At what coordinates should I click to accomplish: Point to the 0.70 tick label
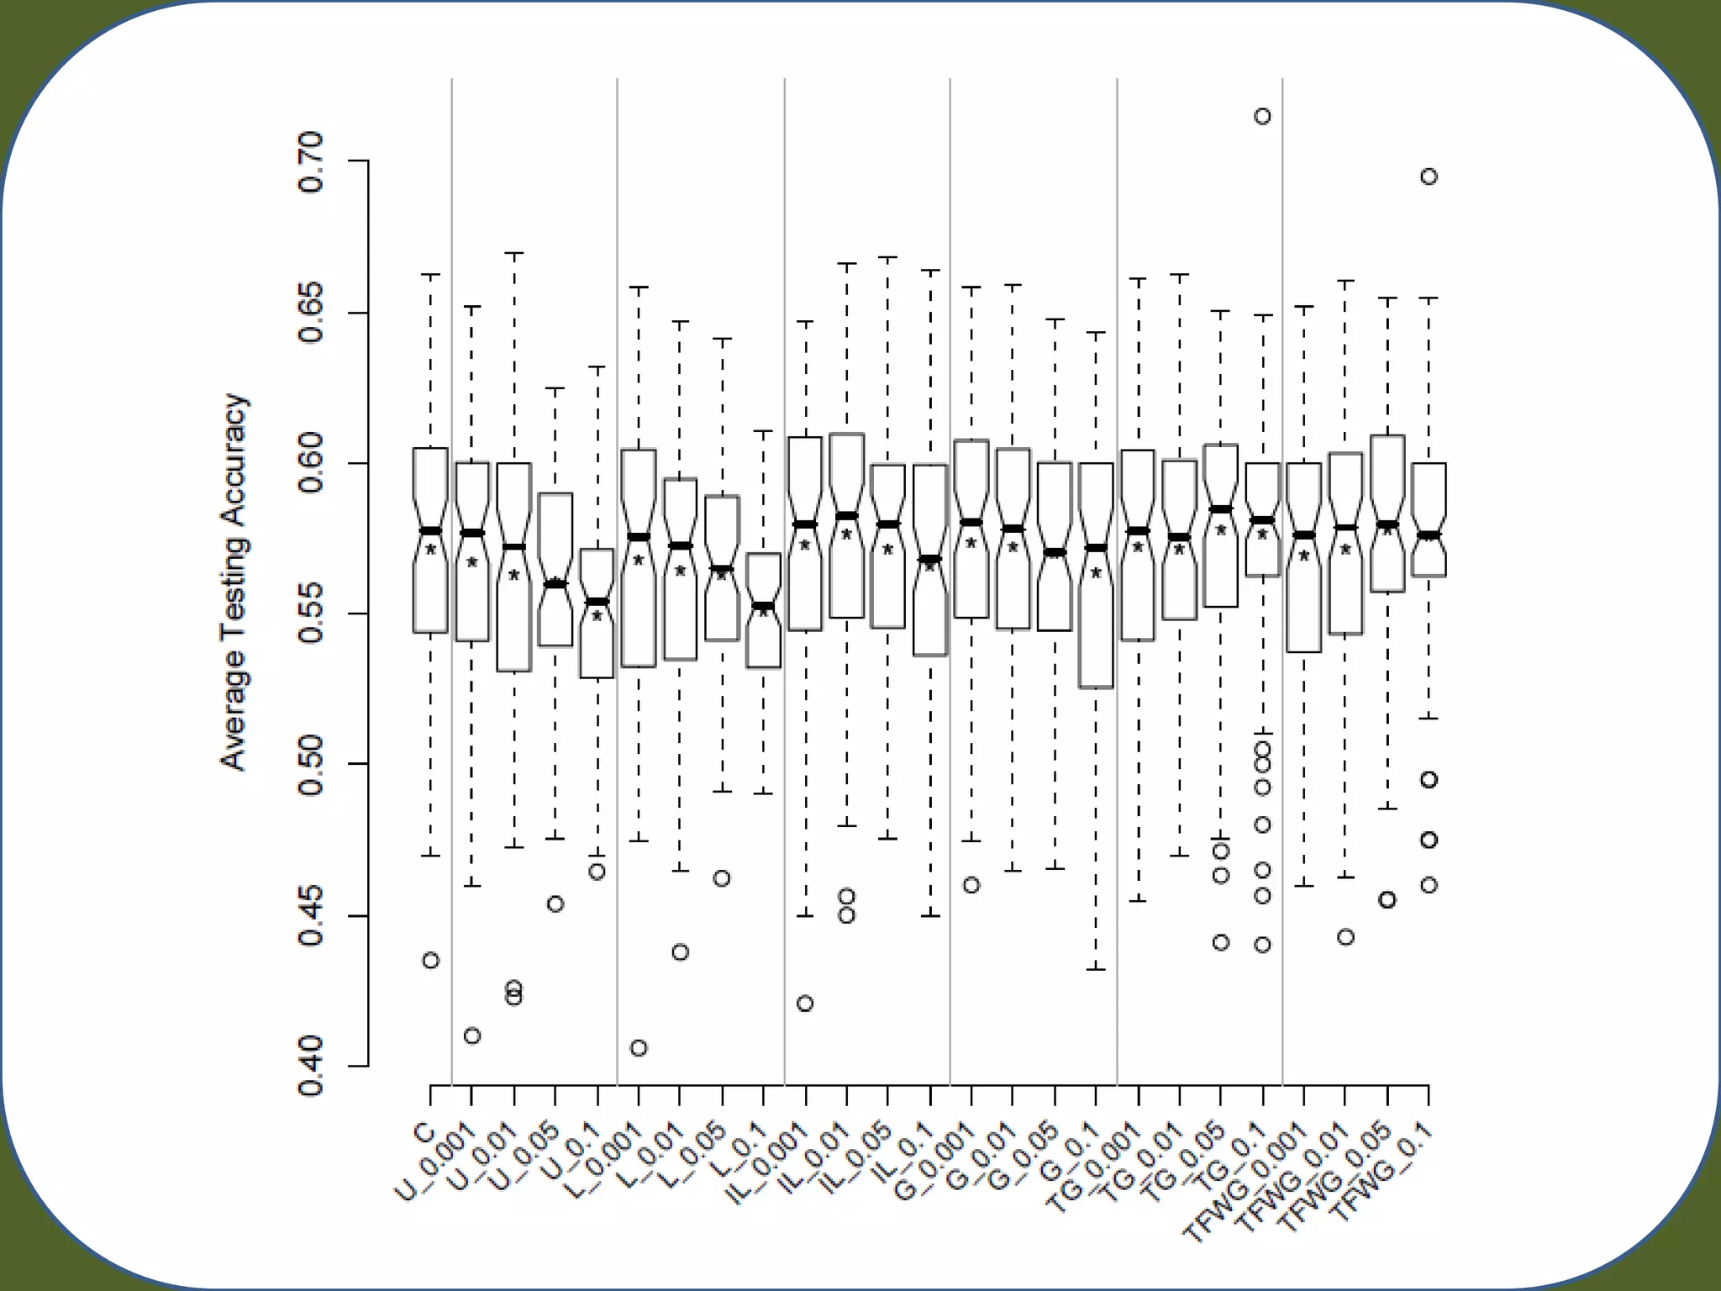pos(310,161)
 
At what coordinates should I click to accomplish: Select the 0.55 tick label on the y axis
pos(310,614)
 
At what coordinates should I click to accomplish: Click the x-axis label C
pos(424,1131)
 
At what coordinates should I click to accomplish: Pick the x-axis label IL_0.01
pos(815,1158)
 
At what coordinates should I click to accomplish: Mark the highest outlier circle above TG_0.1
pos(1262,117)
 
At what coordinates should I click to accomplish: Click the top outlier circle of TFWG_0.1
pos(1429,177)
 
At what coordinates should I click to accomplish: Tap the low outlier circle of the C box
pos(430,960)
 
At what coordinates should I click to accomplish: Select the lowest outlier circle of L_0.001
pos(639,1047)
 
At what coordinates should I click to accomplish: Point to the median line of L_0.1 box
pos(764,606)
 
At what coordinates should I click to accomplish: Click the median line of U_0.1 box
pos(597,601)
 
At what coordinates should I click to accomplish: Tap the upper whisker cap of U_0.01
pos(513,252)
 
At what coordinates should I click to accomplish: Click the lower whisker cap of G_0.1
pos(1096,969)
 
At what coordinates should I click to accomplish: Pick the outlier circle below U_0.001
pos(472,1035)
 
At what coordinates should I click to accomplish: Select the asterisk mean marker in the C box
pos(430,550)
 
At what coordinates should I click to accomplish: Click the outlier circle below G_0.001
pos(971,885)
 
